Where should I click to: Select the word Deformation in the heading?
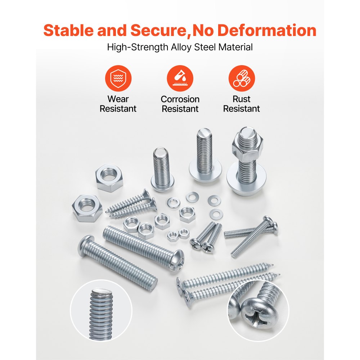coord(266,31)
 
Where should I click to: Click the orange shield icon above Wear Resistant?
coord(118,79)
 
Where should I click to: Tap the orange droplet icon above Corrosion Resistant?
coord(180,79)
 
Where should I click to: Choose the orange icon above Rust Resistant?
coord(242,79)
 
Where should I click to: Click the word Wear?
coord(118,99)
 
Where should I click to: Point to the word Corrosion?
coord(180,99)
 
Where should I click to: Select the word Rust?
coord(242,99)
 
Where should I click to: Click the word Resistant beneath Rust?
coord(242,109)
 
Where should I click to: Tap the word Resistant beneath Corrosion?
coord(180,109)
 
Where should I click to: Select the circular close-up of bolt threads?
coord(96,311)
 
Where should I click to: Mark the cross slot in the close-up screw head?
coord(257,317)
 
